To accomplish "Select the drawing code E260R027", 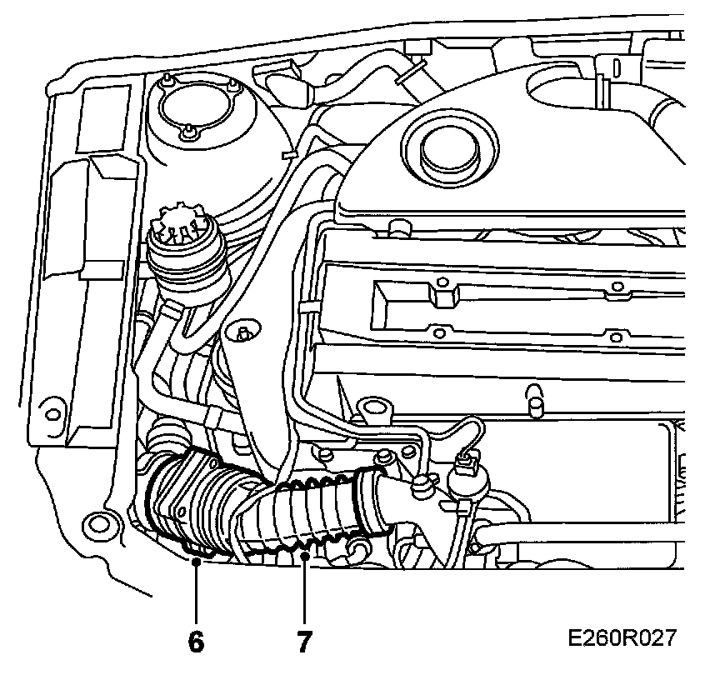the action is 622,639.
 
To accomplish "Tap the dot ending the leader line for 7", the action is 304,555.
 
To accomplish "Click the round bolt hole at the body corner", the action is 98,525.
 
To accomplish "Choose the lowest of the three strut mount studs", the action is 190,131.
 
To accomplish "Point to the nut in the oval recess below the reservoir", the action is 242,333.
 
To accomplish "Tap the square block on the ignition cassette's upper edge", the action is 444,296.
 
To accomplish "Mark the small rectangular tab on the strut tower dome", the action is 290,155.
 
